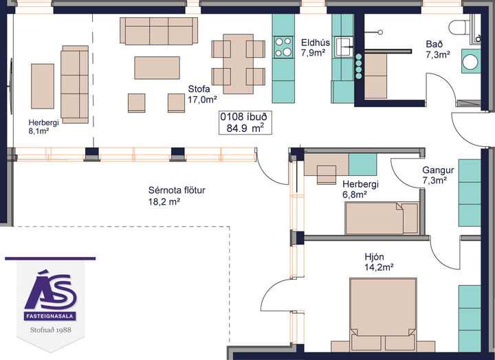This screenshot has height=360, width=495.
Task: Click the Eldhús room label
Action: click(x=315, y=47)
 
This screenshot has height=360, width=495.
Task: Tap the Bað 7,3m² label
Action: click(x=437, y=49)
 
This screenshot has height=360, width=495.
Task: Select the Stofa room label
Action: click(x=202, y=94)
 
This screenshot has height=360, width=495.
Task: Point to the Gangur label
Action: click(x=438, y=175)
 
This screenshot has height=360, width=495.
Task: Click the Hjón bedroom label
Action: click(x=379, y=262)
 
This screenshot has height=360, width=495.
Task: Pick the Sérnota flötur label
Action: click(x=177, y=196)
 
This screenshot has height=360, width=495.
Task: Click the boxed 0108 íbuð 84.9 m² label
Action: click(x=245, y=123)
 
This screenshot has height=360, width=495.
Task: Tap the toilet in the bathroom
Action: click(x=459, y=27)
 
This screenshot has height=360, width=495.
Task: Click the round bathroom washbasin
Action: click(x=471, y=61)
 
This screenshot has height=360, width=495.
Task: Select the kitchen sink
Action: click(x=344, y=47)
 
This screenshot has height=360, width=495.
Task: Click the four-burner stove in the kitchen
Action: click(x=283, y=47)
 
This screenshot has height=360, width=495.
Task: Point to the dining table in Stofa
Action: click(x=239, y=64)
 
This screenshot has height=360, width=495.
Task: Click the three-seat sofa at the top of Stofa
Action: click(x=159, y=31)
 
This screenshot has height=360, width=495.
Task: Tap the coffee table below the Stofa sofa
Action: click(x=157, y=67)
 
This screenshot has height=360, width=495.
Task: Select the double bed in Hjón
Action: click(x=383, y=315)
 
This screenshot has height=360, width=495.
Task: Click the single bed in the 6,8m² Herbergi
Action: click(x=382, y=218)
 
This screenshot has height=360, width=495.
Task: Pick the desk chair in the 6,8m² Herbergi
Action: click(x=327, y=175)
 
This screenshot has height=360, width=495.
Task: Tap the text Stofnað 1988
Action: click(x=50, y=330)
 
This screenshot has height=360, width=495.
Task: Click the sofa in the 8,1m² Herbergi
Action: click(x=74, y=85)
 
